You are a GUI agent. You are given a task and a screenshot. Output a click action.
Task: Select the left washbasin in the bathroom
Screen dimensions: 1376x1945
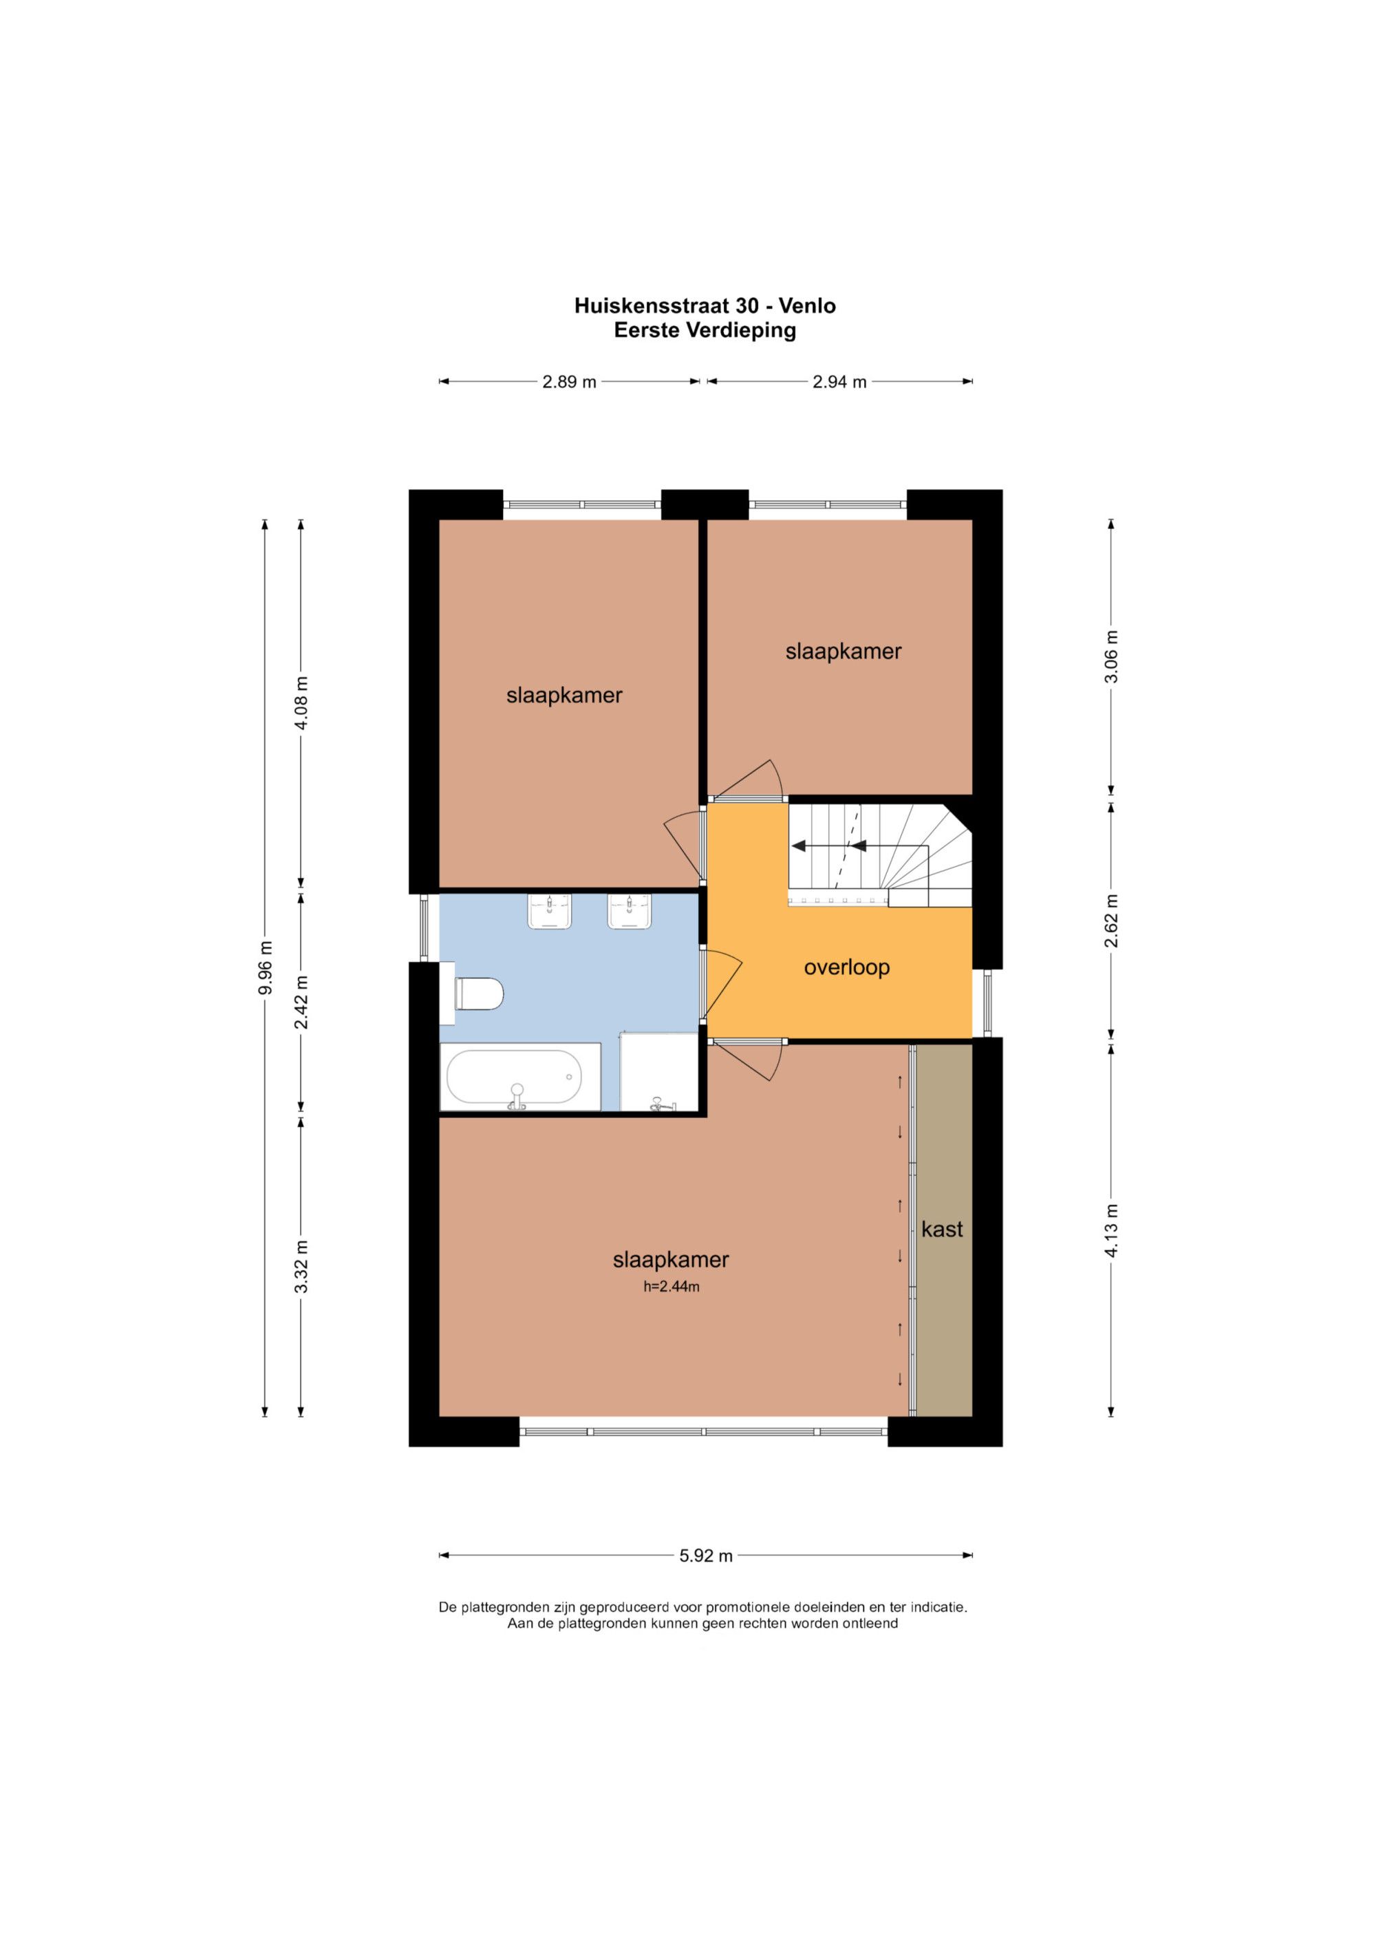tap(550, 912)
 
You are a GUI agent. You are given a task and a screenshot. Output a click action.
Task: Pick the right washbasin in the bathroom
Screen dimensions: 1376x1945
tap(630, 912)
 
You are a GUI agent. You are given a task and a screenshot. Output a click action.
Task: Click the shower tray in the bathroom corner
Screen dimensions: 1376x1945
tap(659, 1072)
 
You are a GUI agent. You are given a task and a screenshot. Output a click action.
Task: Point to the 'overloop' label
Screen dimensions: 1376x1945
tap(846, 967)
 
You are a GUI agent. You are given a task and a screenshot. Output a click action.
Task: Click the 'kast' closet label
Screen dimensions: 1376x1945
tap(942, 1229)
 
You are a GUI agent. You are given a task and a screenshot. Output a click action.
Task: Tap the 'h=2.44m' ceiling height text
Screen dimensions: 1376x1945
tap(671, 1287)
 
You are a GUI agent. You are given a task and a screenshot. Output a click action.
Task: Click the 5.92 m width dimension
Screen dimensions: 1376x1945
tap(706, 1556)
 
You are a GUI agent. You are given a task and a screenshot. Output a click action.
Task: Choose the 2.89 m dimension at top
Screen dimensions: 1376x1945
tap(570, 381)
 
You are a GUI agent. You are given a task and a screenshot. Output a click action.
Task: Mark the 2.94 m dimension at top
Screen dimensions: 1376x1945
tap(839, 381)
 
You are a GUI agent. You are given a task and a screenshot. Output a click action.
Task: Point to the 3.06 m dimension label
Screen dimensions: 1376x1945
tap(1112, 656)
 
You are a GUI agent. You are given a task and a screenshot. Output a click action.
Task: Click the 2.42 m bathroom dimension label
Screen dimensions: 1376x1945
tap(301, 1002)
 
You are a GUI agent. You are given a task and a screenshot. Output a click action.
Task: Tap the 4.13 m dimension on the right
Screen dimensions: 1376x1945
tap(1112, 1230)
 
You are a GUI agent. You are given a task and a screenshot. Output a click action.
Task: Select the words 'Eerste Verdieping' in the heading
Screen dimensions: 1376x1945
tap(705, 330)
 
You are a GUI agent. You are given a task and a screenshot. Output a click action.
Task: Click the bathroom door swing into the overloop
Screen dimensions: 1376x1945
tap(722, 985)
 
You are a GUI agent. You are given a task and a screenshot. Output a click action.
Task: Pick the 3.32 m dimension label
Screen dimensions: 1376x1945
tap(301, 1266)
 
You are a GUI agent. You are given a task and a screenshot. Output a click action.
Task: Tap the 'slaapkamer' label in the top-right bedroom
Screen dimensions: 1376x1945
tap(843, 651)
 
